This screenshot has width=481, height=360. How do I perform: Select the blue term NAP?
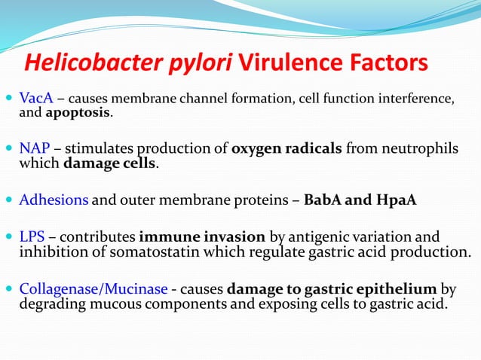(x=34, y=149)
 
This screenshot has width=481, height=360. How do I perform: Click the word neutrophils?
(x=418, y=149)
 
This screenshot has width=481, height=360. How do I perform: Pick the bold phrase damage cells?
(x=111, y=163)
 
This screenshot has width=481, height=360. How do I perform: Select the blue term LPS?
(x=32, y=237)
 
